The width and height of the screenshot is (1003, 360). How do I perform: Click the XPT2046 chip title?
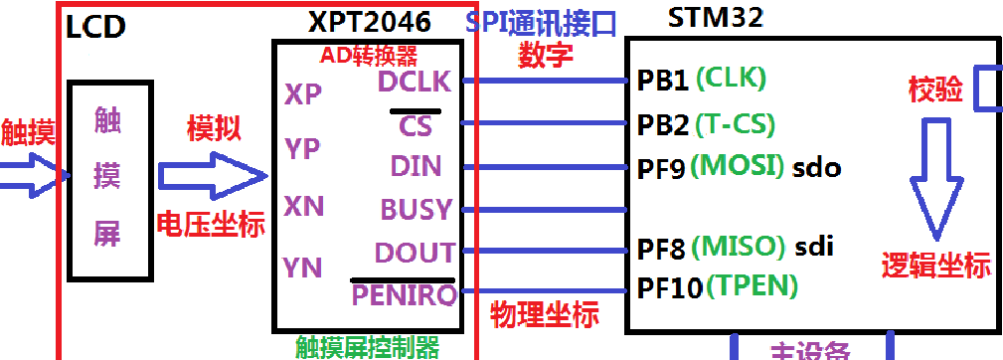(369, 22)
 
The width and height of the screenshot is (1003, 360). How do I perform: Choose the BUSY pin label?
(417, 209)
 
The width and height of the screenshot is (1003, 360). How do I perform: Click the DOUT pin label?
(415, 252)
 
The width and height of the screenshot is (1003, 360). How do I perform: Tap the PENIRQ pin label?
(404, 295)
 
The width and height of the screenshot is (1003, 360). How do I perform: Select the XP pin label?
(303, 94)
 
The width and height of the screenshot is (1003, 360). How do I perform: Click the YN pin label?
(302, 266)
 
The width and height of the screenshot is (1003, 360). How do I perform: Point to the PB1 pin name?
(663, 81)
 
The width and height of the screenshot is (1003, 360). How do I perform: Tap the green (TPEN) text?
(752, 287)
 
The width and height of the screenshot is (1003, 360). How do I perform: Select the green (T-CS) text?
(736, 124)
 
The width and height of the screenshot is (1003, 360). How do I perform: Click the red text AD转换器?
(369, 53)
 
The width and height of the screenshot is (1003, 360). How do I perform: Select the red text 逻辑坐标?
(935, 266)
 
